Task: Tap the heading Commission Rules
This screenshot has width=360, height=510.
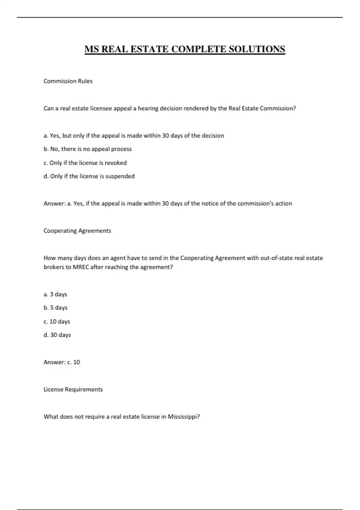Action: point(68,81)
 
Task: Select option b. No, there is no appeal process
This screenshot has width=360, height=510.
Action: point(88,149)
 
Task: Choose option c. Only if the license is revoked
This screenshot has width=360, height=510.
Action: point(85,163)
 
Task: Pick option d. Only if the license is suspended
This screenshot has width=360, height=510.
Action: point(89,176)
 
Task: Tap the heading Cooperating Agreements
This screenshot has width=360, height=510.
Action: point(77,231)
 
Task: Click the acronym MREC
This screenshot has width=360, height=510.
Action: point(81,267)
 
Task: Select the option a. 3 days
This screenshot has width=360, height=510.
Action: point(55,294)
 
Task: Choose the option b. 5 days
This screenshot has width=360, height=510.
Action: point(56,308)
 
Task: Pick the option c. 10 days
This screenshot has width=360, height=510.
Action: point(57,322)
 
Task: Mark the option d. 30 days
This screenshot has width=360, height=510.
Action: point(57,335)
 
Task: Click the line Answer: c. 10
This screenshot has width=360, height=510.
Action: point(62,362)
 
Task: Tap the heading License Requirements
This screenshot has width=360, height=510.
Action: point(73,389)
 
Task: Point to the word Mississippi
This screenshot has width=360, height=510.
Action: point(183,417)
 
